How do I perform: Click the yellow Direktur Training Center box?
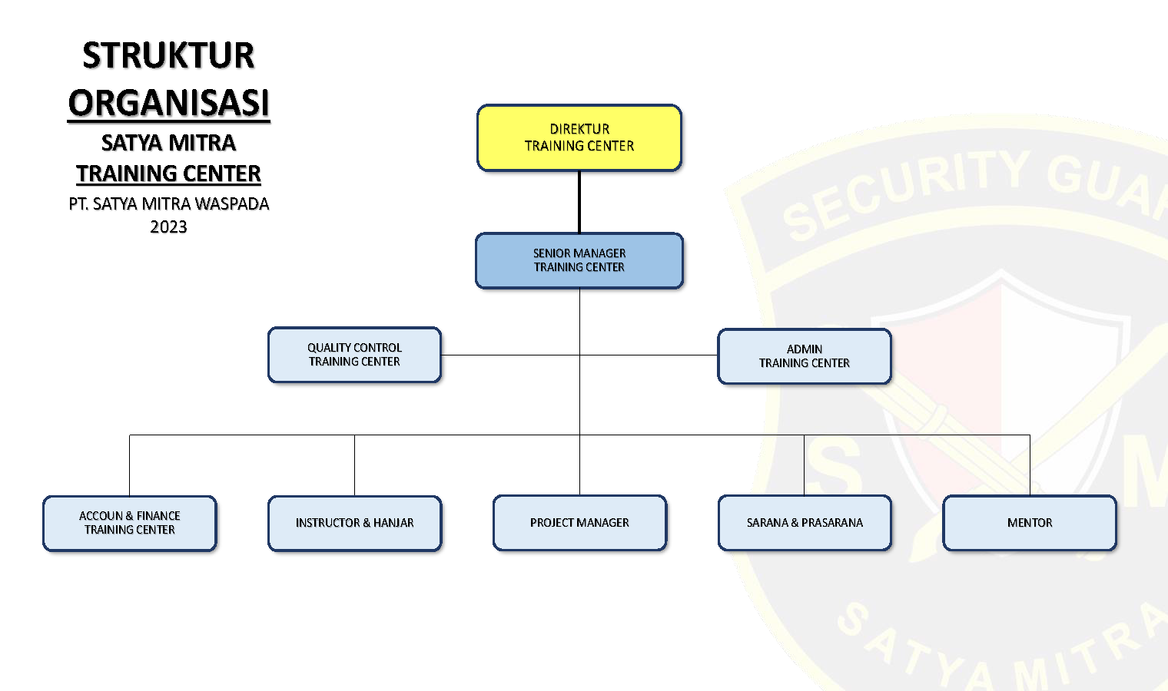(x=579, y=137)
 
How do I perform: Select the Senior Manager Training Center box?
(x=579, y=260)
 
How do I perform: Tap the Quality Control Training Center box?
(x=354, y=355)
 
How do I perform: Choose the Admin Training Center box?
(x=805, y=356)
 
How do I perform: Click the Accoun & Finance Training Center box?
(x=130, y=523)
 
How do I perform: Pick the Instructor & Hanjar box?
(x=354, y=523)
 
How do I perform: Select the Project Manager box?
(x=579, y=523)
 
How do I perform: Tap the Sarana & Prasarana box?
(x=805, y=523)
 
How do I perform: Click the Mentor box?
(x=1030, y=523)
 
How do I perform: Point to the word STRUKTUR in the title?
(x=168, y=56)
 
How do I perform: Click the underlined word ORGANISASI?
(x=169, y=103)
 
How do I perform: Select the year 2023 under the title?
(x=168, y=226)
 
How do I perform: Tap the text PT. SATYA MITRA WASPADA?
(x=169, y=204)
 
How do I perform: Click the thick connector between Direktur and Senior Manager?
(x=579, y=202)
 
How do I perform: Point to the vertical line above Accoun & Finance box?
(x=130, y=465)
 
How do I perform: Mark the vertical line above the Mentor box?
(x=1030, y=465)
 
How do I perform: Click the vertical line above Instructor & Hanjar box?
(x=354, y=465)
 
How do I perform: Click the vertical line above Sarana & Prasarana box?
(x=804, y=465)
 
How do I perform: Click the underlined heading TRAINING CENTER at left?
(x=169, y=174)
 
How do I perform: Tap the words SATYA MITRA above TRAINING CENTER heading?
(x=169, y=143)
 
